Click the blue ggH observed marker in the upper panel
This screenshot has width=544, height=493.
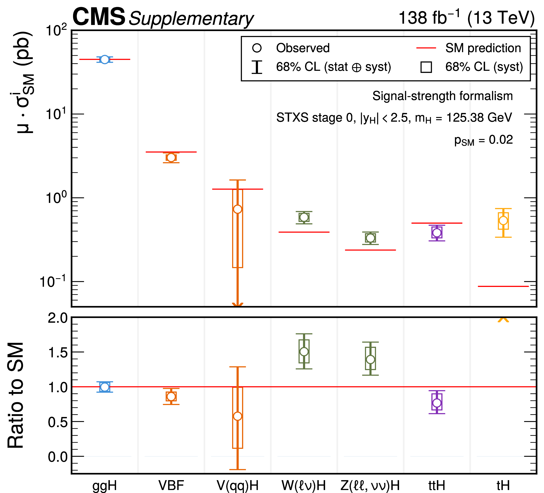point(105,59)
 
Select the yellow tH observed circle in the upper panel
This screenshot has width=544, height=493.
point(503,220)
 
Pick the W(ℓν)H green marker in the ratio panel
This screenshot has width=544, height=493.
point(304,352)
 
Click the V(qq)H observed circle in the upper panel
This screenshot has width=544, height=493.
point(238,209)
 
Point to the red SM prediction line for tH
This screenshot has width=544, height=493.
point(503,286)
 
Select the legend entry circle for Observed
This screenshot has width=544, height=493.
point(257,48)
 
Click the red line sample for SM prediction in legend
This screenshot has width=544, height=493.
point(426,48)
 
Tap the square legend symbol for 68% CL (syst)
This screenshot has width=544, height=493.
point(426,67)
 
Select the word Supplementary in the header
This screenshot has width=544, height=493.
point(191,19)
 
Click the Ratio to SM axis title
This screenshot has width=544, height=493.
point(16,395)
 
